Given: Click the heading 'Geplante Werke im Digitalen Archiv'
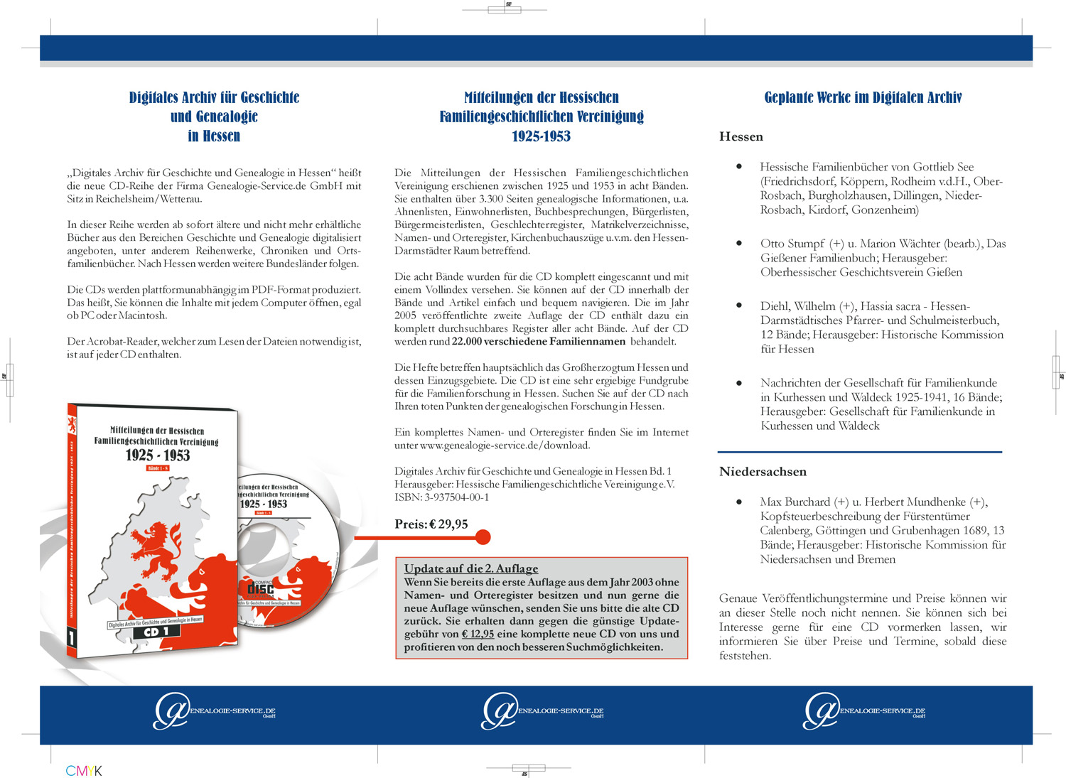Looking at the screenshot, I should [x=863, y=97].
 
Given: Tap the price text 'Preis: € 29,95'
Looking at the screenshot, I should [x=431, y=524].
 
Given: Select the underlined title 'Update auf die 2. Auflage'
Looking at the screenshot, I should [x=471, y=568].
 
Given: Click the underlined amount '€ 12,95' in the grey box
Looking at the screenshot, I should [x=478, y=634].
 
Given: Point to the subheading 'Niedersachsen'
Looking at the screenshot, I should [x=763, y=472].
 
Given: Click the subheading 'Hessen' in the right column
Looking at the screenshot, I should [x=741, y=136].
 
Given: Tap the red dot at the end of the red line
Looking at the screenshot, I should [x=483, y=537].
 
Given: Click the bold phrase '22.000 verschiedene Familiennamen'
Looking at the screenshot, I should [x=539, y=342].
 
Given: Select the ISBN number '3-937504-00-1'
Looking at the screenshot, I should [x=456, y=497].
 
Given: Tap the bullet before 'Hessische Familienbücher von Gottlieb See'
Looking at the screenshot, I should [x=739, y=166].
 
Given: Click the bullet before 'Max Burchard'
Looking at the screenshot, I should [x=739, y=502].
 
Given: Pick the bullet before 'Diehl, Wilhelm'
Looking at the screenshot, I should [x=739, y=306].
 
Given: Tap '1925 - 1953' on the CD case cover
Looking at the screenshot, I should [x=158, y=455].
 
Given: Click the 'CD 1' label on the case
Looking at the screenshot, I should [x=156, y=632].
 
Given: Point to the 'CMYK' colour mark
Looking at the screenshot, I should [x=84, y=771].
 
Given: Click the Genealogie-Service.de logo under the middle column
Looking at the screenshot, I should [x=542, y=711].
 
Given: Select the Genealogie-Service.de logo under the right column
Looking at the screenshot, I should [x=863, y=711].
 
